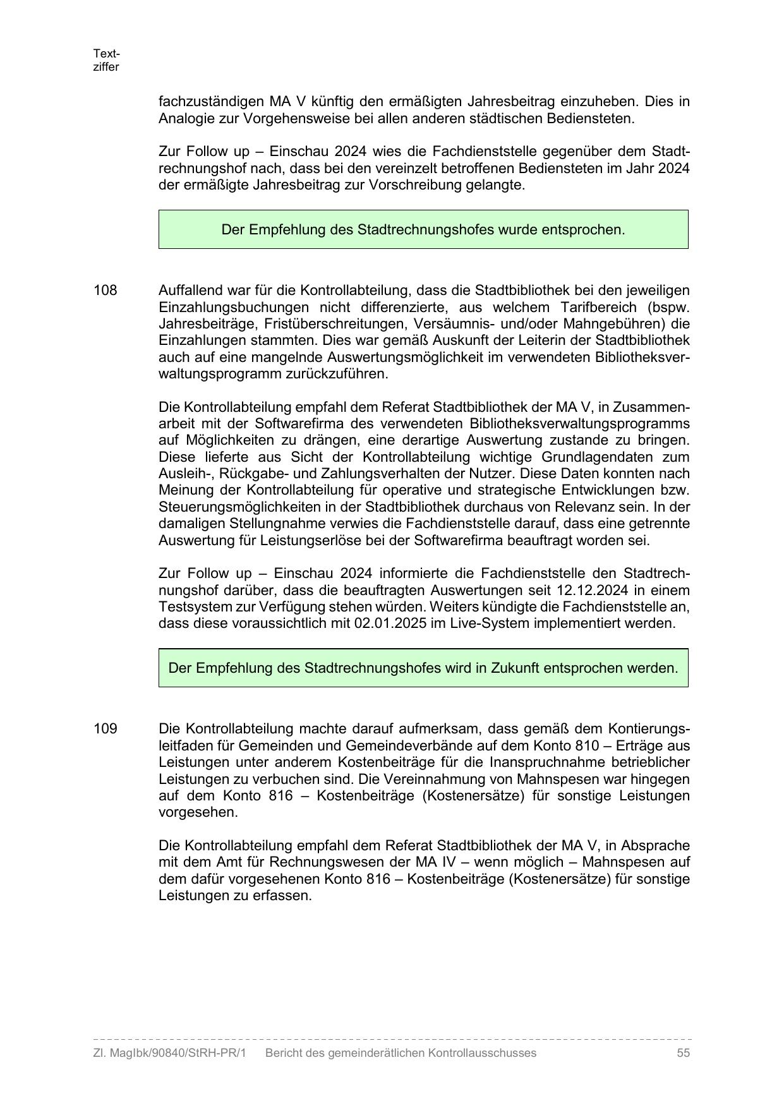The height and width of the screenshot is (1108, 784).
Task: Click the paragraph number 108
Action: [x=106, y=291]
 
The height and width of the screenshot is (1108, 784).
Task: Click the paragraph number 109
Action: [x=106, y=729]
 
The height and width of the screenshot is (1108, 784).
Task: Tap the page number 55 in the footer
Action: [x=683, y=1053]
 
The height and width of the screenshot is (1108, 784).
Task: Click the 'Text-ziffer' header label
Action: [x=106, y=60]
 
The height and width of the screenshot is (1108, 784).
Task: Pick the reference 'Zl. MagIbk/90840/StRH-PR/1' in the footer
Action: [x=169, y=1053]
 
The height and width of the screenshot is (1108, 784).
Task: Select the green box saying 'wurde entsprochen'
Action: [x=423, y=229]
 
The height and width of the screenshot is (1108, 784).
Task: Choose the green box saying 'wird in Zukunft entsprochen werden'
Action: [x=423, y=668]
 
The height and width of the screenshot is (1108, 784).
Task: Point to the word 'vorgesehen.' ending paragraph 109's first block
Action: [x=198, y=812]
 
